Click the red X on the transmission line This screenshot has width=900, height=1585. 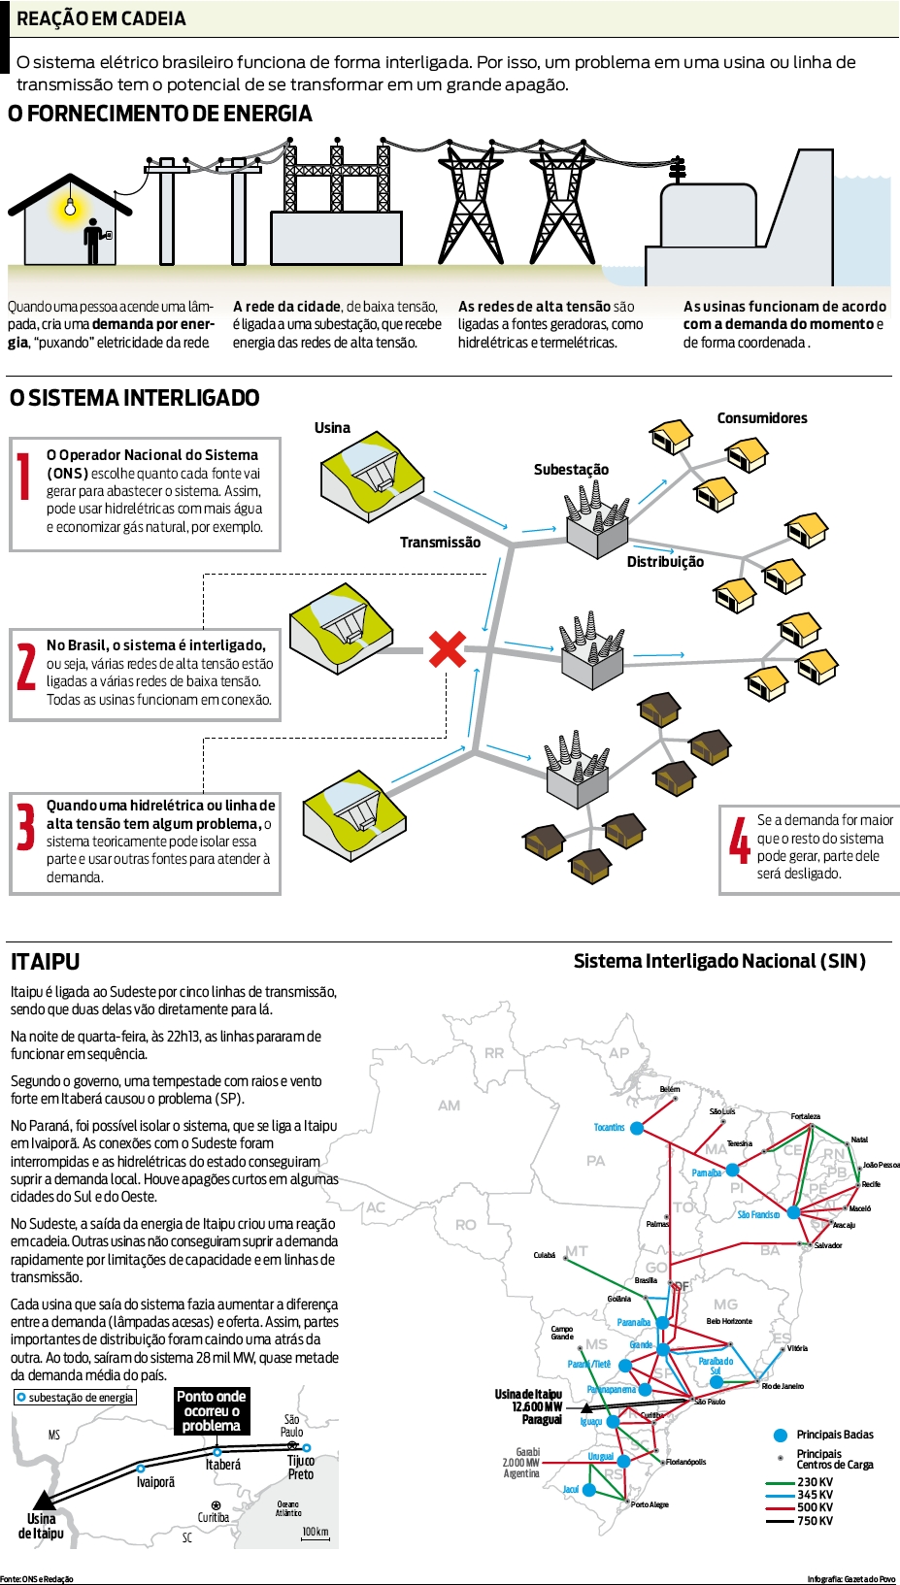click(x=447, y=649)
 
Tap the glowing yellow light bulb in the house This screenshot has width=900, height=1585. click(x=70, y=206)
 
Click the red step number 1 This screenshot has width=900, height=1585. click(x=24, y=477)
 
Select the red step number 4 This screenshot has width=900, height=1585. click(x=740, y=840)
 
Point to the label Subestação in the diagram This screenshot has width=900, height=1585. click(x=571, y=470)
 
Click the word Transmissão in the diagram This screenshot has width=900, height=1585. click(x=440, y=543)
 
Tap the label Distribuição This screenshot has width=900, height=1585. click(x=665, y=562)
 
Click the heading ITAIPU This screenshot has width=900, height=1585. click(x=45, y=962)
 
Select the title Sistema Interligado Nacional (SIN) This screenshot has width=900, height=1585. click(x=719, y=961)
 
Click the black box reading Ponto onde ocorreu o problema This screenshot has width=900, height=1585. click(x=212, y=1410)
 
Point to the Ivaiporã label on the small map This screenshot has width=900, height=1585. click(x=155, y=1482)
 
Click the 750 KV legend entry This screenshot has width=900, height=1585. click(x=815, y=1520)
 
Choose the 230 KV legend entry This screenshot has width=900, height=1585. click(x=815, y=1482)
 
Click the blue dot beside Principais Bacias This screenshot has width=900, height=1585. click(x=780, y=1435)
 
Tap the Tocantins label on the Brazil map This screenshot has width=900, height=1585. click(x=609, y=1127)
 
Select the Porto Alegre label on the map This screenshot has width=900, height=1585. click(x=649, y=1504)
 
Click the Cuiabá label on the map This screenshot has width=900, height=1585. click(x=545, y=1255)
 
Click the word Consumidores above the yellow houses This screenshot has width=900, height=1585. click(x=762, y=418)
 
